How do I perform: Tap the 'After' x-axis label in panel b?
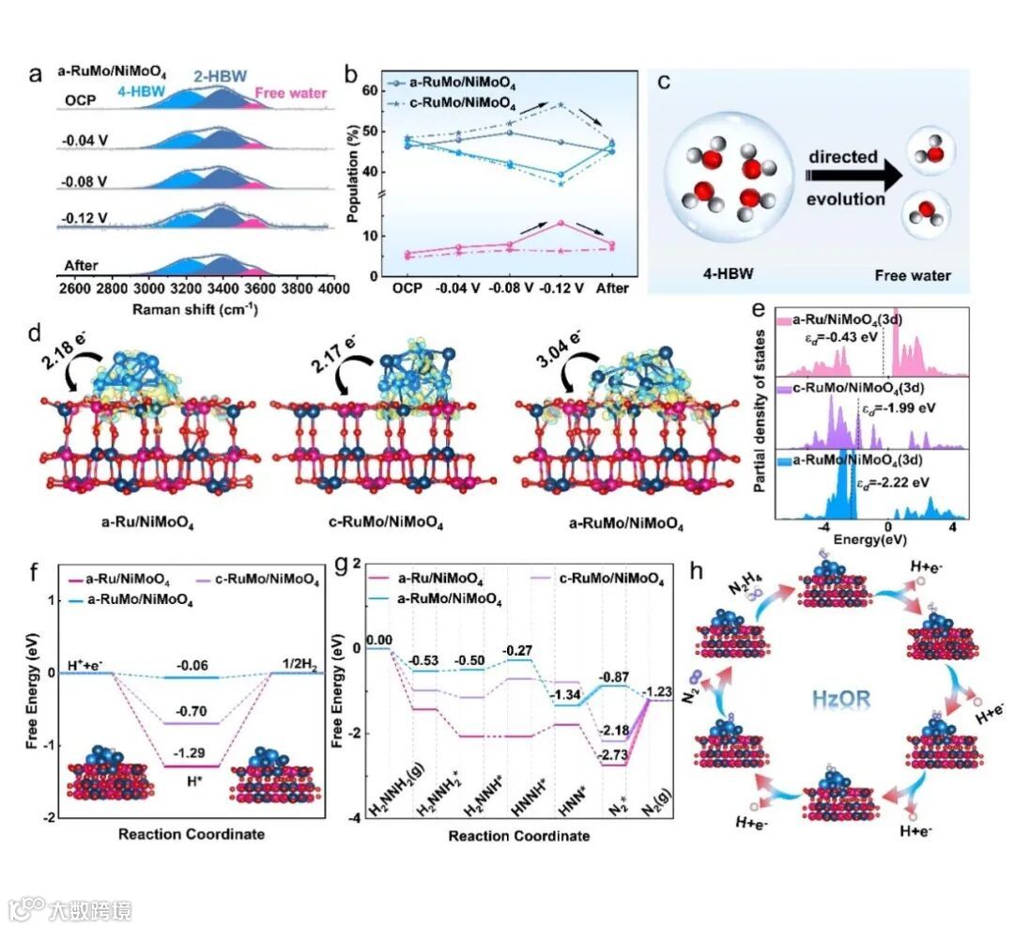tap(611, 288)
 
